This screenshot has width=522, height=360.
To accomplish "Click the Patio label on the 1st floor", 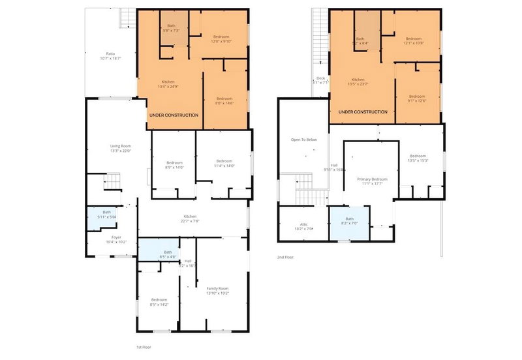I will coord(111,56).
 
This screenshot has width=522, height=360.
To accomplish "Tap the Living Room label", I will coord(120,148).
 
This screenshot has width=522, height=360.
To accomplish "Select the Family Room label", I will coord(218,290).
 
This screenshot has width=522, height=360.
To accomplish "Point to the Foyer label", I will coord(115,239).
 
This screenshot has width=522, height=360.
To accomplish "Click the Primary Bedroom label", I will coord(372,181).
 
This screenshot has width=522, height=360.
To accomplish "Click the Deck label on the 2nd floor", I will coord(320,81).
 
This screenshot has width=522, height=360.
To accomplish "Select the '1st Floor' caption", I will coord(145,347).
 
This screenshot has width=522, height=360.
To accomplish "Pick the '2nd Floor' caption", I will coord(286,257).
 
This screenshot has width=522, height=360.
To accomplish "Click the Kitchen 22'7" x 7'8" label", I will coord(190,218).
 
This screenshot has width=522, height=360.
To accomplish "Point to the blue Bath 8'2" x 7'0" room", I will coord(349,221).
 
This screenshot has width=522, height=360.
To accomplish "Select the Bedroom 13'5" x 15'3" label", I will coord(418,158).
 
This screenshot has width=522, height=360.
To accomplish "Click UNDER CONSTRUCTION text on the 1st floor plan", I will coord(174,115).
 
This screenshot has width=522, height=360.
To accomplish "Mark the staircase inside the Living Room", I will coord(113,181).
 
